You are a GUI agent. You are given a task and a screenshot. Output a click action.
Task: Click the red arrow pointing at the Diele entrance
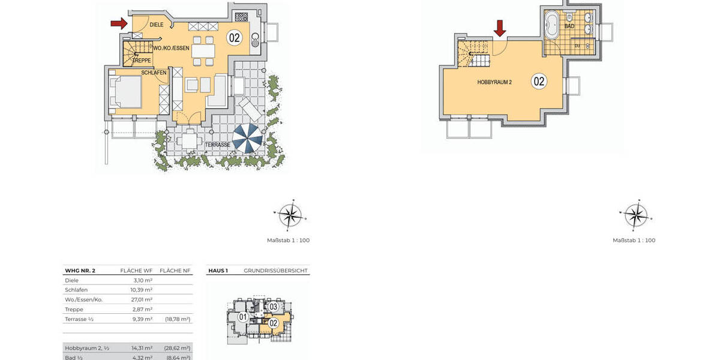(119, 23)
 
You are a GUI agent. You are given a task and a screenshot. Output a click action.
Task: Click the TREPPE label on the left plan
(142, 60)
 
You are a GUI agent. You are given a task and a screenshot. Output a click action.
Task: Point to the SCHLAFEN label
(154, 73)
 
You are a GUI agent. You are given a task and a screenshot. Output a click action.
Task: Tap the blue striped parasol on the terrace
(247, 138)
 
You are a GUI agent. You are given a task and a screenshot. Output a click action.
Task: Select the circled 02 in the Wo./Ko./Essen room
(234, 38)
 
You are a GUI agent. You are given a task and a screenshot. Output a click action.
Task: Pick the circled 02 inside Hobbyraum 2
(539, 81)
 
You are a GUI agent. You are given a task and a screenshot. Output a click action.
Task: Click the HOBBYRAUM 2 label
(494, 82)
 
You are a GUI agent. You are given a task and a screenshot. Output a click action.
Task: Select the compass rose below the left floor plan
(289, 215)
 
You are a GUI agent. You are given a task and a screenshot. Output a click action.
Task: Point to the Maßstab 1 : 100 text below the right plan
(634, 241)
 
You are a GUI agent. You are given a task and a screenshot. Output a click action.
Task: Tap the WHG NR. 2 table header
(80, 271)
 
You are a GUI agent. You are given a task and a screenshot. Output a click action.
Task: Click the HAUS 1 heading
(218, 271)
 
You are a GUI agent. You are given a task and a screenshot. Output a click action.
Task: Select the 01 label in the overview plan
(243, 317)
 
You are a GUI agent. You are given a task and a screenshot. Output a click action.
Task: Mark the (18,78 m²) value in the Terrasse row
(177, 319)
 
